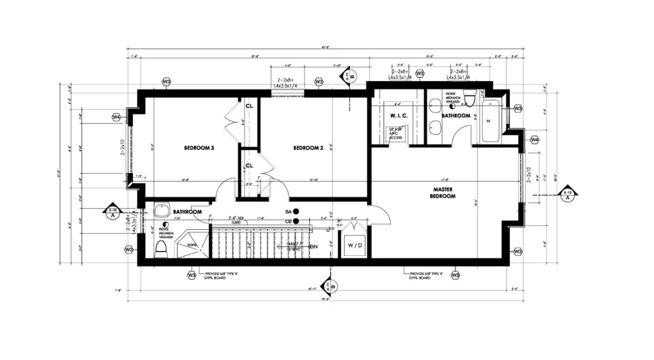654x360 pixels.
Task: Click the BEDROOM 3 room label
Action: [x=199, y=148]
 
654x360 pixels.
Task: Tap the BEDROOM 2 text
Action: [x=308, y=148]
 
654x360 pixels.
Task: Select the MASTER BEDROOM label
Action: [x=443, y=193]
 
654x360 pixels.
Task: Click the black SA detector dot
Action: [x=296, y=211]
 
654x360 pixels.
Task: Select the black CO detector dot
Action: [x=296, y=221]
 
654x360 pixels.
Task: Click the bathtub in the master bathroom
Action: [x=491, y=120]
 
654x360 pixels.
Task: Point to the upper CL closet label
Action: [x=250, y=106]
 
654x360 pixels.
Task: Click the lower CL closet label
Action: [x=250, y=166]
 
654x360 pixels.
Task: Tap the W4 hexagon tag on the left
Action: [x=116, y=117]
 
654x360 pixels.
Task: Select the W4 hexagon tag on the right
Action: [x=535, y=140]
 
